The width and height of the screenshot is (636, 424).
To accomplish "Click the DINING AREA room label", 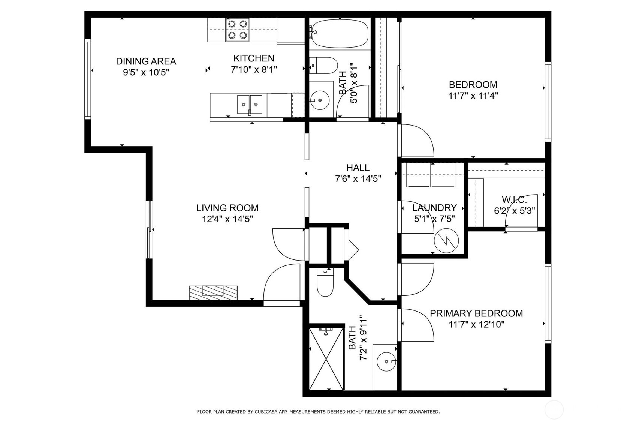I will click(x=146, y=61).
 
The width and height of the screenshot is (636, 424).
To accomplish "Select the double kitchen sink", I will click(x=250, y=104).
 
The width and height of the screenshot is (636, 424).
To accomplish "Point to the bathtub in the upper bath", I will click(x=340, y=33).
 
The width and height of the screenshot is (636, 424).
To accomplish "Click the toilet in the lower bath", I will click(x=325, y=284).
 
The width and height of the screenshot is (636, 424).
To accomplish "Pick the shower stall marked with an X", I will click(x=326, y=358).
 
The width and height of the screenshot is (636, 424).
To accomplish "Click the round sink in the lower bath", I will click(x=386, y=362).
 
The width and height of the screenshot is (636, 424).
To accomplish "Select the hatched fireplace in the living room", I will click(x=213, y=292).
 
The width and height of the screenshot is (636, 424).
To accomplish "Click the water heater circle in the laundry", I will click(x=446, y=240).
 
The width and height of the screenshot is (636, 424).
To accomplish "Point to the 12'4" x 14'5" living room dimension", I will click(x=227, y=219).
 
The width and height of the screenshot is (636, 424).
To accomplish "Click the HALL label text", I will click(x=358, y=168).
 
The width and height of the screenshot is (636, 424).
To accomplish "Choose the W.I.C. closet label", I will click(x=514, y=200).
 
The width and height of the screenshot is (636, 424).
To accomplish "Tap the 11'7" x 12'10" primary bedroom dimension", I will click(x=476, y=325).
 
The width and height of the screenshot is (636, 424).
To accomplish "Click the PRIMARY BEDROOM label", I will click(x=476, y=313).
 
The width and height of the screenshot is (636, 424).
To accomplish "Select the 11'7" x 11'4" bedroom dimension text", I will click(x=473, y=96).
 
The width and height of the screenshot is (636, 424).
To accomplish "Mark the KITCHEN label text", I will click(x=254, y=58).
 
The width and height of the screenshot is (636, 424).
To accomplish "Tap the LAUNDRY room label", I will click(x=434, y=208).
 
